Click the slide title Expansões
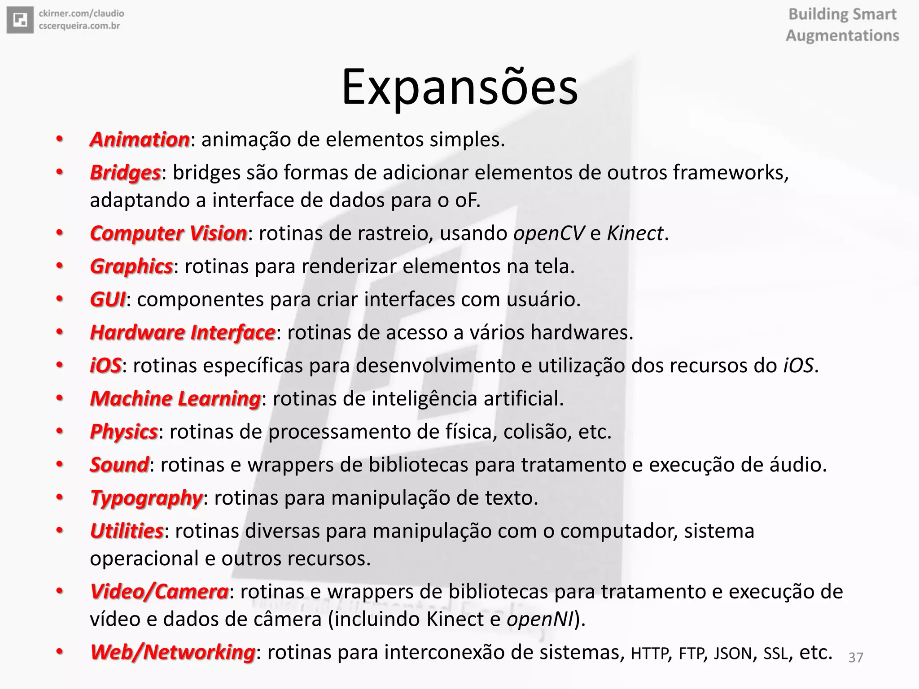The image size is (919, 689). pyautogui.click(x=459, y=87)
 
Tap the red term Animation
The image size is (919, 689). pyautogui.click(x=140, y=140)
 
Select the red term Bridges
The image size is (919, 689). pyautogui.click(x=125, y=173)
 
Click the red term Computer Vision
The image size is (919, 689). pyautogui.click(x=168, y=233)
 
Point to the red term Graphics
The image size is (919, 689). pyautogui.click(x=131, y=266)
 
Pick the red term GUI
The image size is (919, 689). pyautogui.click(x=108, y=300)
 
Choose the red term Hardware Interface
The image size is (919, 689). pyautogui.click(x=182, y=332)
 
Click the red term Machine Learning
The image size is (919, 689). pyautogui.click(x=175, y=399)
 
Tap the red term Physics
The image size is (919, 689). pyautogui.click(x=123, y=432)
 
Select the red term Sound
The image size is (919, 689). pyautogui.click(x=119, y=465)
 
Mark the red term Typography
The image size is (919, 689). pyautogui.click(x=146, y=498)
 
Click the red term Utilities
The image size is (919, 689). pyautogui.click(x=127, y=531)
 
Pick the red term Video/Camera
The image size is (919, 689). pyautogui.click(x=159, y=592)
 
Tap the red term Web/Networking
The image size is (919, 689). pyautogui.click(x=172, y=652)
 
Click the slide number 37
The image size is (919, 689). pyautogui.click(x=856, y=658)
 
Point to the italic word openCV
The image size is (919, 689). pyautogui.click(x=549, y=233)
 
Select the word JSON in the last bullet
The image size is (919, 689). pyautogui.click(x=732, y=654)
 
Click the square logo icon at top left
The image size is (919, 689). pyautogui.click(x=20, y=20)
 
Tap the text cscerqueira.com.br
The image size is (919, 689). pyautogui.click(x=79, y=26)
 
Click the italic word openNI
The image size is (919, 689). pyautogui.click(x=540, y=619)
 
